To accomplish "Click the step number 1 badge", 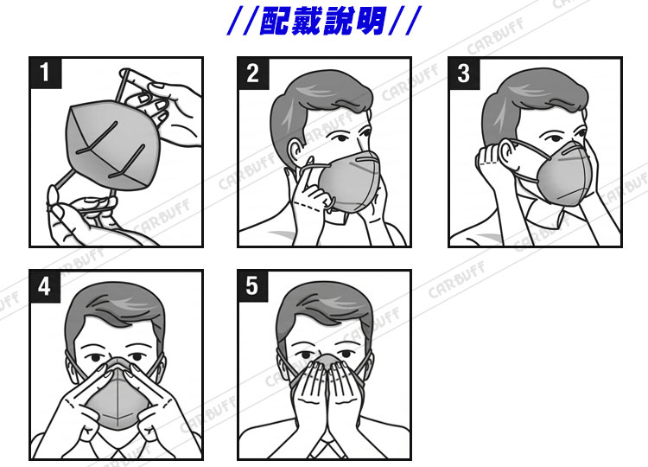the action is click(46, 73).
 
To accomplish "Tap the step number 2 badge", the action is click(253, 74).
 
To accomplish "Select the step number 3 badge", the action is click(464, 74).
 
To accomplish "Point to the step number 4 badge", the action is click(45, 286).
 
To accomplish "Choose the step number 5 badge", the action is click(253, 286).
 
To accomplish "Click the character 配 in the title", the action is click(274, 20).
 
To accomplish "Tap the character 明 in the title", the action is click(371, 20).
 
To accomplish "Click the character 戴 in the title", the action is click(306, 20).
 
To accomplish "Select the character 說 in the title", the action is click(339, 20).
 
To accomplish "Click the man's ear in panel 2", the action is click(295, 152).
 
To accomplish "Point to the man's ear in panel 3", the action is click(507, 154).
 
